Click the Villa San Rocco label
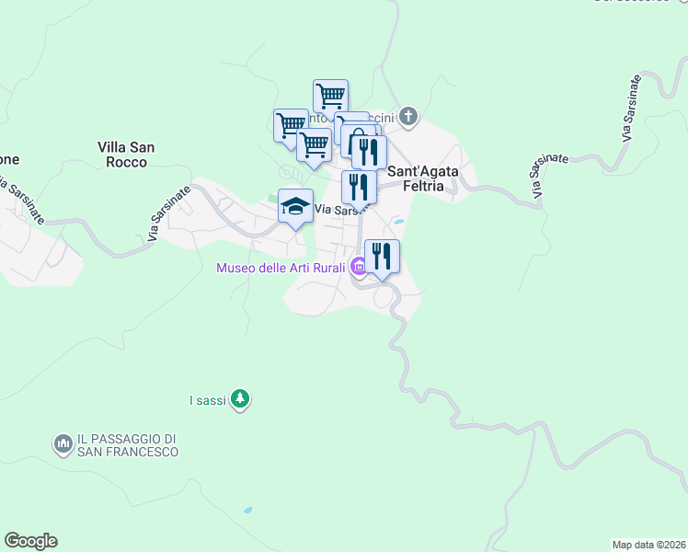pyautogui.click(x=127, y=154)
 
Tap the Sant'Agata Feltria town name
pyautogui.click(x=424, y=178)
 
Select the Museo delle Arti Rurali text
pyautogui.click(x=281, y=268)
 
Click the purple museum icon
pyautogui.click(x=358, y=268)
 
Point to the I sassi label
pyautogui.click(x=207, y=399)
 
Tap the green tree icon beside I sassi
pyautogui.click(x=240, y=398)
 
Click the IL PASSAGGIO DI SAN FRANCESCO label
pyautogui.click(x=127, y=445)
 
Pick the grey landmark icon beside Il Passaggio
pyautogui.click(x=63, y=444)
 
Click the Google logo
pyautogui.click(x=30, y=541)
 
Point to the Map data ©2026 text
pyautogui.click(x=648, y=545)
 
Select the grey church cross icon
pyautogui.click(x=408, y=117)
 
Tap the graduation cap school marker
pyautogui.click(x=295, y=206)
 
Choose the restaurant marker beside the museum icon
pyautogui.click(x=382, y=256)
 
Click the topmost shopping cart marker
pyautogui.click(x=330, y=95)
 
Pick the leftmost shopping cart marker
pyautogui.click(x=291, y=124)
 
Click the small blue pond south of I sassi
pyautogui.click(x=247, y=510)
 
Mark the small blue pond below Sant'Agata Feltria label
pyautogui.click(x=398, y=222)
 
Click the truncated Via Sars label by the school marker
pyautogui.click(x=337, y=210)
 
